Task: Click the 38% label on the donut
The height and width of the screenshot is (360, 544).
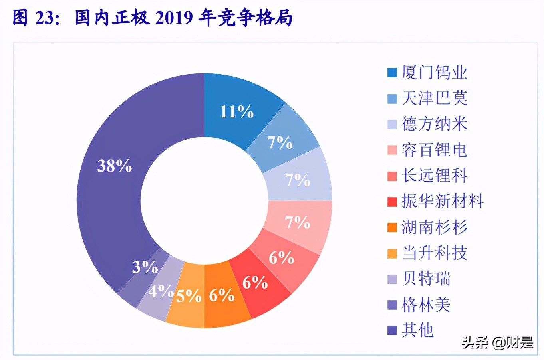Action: point(115,166)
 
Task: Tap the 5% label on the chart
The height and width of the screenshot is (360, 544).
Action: point(189,296)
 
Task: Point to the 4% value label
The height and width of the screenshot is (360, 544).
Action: point(161,291)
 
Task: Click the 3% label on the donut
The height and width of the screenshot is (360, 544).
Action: point(145,267)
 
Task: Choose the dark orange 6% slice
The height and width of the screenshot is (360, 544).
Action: point(222,295)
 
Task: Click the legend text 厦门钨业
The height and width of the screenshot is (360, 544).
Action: point(434,72)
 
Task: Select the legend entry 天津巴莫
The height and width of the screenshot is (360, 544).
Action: point(434,98)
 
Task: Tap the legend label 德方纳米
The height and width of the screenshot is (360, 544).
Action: point(434,124)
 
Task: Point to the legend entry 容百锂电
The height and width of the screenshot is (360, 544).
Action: point(434,150)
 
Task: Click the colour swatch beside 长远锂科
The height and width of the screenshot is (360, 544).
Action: point(392,176)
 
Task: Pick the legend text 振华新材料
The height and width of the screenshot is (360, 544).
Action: point(443,201)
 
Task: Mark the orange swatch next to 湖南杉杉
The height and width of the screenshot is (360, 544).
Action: point(392,227)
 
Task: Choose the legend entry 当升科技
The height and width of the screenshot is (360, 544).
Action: point(434,253)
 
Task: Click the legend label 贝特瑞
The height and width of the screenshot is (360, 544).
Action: point(426,279)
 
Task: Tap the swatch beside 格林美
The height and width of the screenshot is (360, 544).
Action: point(392,305)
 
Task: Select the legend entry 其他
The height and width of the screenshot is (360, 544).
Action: point(417,330)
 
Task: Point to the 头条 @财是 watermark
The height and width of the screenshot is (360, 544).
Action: point(497,342)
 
